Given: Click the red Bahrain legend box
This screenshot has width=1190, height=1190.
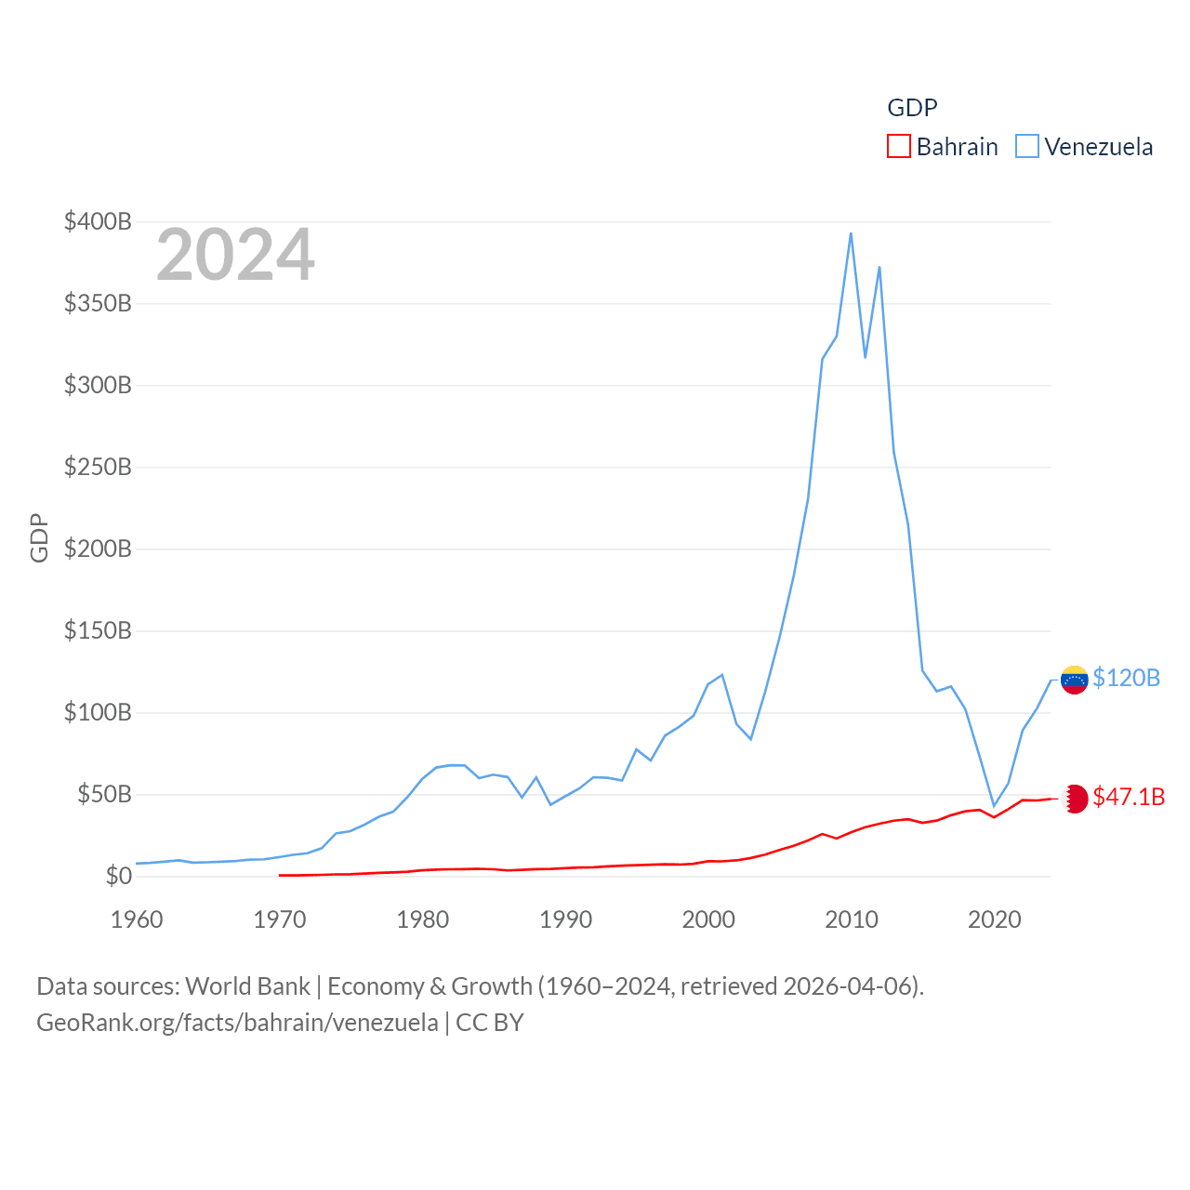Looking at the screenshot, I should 898,147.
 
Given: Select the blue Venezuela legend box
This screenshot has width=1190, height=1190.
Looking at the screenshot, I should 1026,147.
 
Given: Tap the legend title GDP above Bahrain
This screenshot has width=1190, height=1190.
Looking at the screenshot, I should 912,108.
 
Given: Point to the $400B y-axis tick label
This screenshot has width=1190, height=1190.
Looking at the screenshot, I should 98,221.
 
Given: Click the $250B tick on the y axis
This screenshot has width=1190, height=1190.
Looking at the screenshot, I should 98,467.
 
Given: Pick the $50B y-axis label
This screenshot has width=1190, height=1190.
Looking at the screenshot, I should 104,794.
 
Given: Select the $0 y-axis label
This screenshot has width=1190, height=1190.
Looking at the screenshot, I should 118,876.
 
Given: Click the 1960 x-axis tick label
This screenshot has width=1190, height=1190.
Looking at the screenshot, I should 137,919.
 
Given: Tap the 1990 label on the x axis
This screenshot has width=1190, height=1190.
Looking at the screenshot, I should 565,919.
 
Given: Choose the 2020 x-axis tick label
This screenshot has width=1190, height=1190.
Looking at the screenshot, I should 995,919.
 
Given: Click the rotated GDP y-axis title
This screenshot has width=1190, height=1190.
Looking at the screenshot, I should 39,537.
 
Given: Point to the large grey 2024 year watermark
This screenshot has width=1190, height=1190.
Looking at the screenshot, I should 235,255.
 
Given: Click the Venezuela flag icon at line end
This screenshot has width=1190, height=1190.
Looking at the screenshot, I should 1074,680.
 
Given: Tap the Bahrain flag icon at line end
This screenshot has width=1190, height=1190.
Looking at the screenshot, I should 1074,799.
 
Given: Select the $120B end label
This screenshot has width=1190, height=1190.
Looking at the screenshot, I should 1126,678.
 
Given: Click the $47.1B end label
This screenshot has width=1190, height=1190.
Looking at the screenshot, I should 1129,797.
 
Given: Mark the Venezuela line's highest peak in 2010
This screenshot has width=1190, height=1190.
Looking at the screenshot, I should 851,233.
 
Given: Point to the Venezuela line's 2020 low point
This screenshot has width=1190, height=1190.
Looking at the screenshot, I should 994,805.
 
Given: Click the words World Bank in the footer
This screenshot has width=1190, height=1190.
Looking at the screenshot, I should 247,985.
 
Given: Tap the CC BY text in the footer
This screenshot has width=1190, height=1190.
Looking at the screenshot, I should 489,1023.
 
